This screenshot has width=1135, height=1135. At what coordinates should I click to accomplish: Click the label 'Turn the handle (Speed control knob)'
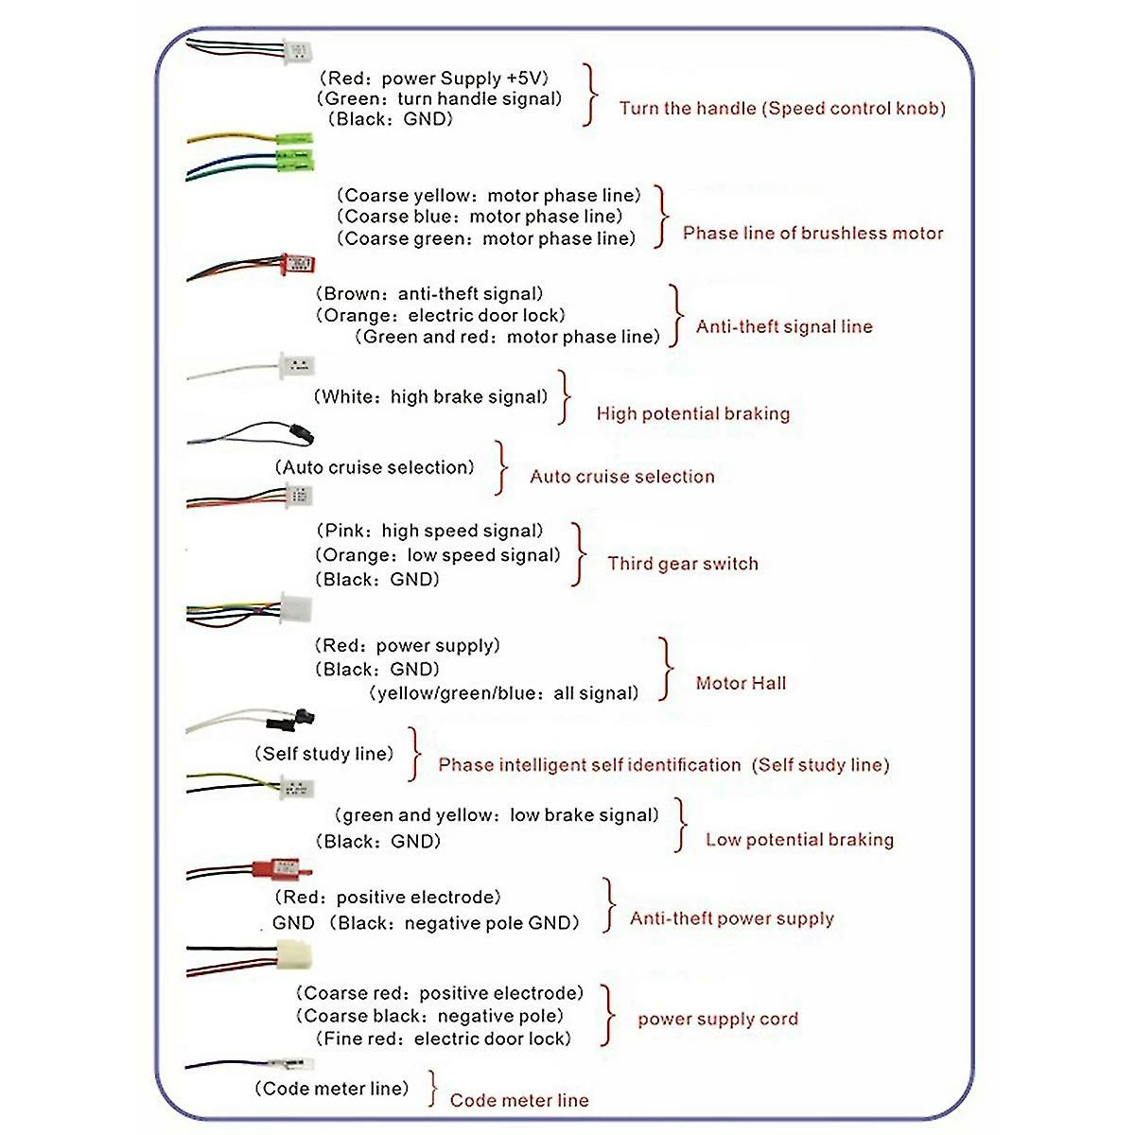[782, 108]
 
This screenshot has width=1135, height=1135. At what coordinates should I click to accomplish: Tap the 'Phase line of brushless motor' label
[812, 233]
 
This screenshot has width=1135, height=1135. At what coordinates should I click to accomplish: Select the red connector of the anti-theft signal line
[297, 263]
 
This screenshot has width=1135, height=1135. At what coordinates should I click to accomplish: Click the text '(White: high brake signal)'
[430, 396]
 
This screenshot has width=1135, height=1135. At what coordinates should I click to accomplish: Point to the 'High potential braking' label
[692, 413]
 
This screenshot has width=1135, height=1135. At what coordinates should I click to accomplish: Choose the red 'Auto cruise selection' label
[621, 477]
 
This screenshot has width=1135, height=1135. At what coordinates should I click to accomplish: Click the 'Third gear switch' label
[682, 564]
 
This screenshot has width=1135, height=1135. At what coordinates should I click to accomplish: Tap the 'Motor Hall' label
[741, 683]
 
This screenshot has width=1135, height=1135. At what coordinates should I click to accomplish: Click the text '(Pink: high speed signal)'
[430, 531]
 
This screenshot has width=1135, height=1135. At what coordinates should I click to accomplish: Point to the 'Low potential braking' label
[799, 840]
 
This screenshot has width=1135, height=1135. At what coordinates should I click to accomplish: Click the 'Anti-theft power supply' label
[732, 918]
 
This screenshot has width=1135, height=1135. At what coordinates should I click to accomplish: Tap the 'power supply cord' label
[718, 1019]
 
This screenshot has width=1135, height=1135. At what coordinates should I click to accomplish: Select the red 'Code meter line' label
[519, 1100]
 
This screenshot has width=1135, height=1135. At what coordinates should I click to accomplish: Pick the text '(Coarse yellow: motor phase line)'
[488, 196]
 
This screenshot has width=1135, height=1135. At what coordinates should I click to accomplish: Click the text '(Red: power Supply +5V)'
[433, 79]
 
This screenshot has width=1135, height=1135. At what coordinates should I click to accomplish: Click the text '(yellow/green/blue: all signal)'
[503, 693]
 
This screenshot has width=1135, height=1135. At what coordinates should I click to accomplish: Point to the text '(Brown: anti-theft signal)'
[430, 293]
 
